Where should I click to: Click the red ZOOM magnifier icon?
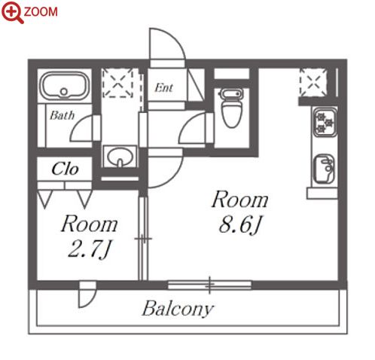pos(12,12)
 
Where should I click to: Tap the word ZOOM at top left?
pos(41,12)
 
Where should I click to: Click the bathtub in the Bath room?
pos(65,86)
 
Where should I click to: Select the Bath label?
pos(62,115)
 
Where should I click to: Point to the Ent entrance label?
pos(163,87)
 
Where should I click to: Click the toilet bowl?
pos(232,108)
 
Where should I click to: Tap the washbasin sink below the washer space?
pos(120,157)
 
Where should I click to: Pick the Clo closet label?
pos(65,169)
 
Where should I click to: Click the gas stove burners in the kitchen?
pos(325,122)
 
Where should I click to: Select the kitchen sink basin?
pos(324,168)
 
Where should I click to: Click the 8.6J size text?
pos(240,224)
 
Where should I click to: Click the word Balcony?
pos(178,309)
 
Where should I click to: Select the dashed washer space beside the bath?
pos(117,83)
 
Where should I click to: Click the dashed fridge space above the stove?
pos(313,83)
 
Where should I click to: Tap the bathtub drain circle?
pos(64,92)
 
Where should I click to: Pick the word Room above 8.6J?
pos(239,200)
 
